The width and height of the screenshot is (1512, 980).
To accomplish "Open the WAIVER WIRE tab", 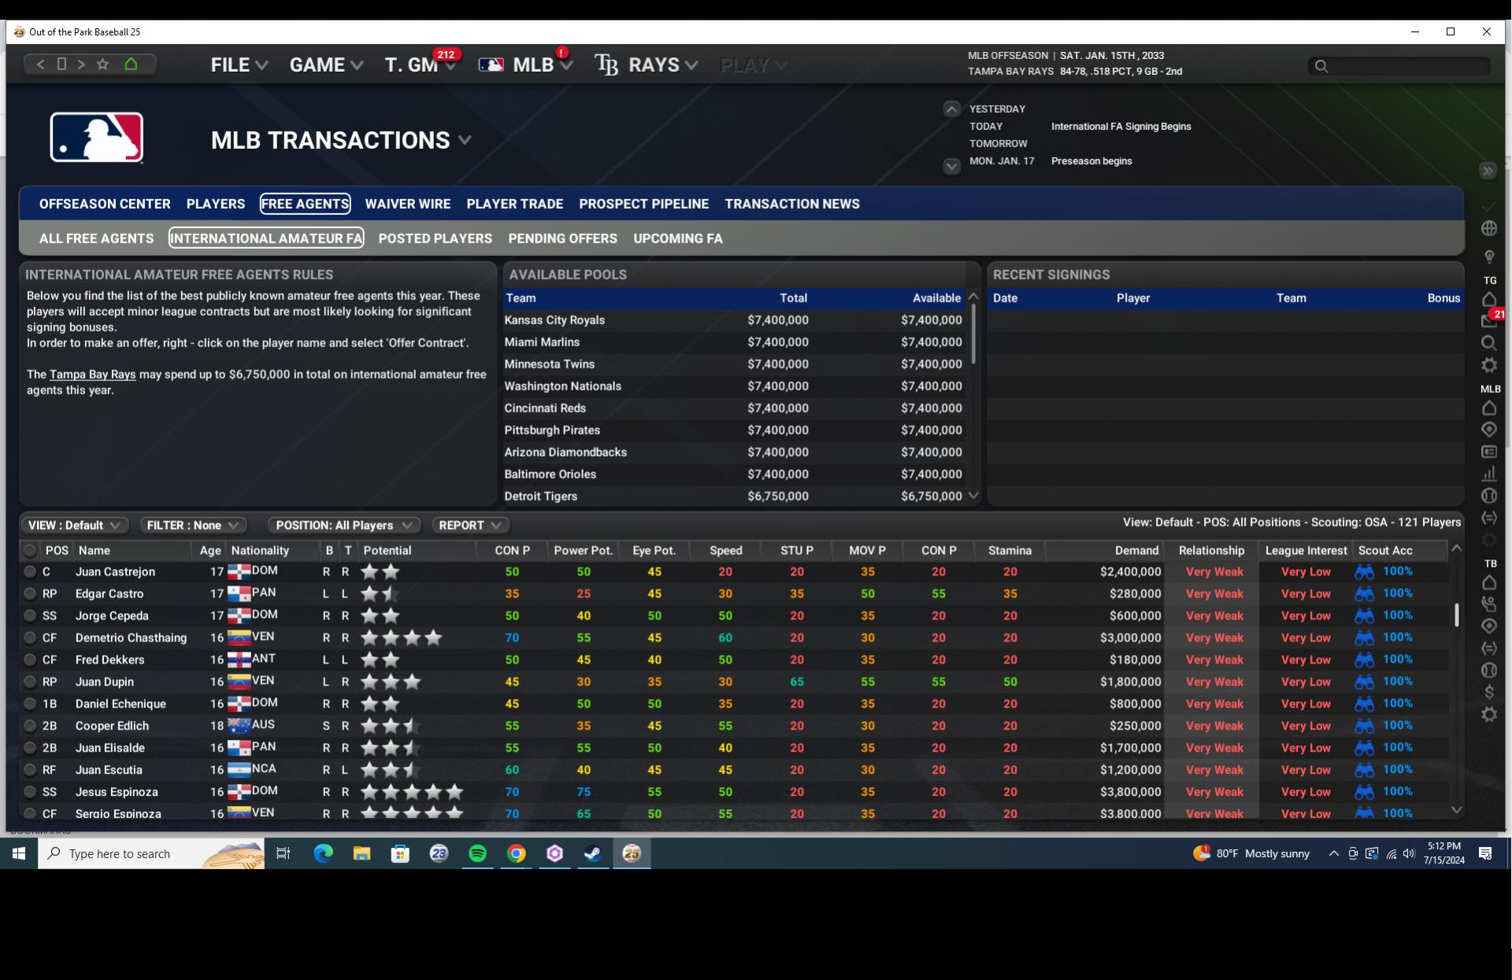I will tap(407, 204).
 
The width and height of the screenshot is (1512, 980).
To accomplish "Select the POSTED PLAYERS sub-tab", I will tap(435, 239).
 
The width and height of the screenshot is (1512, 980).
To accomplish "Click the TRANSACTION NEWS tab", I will tap(791, 204).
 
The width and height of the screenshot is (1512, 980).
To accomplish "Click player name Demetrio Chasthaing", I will tap(131, 638).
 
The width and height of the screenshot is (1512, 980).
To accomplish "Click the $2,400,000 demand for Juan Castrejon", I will tap(1130, 571).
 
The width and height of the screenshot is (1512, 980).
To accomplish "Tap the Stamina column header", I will tap(1009, 550).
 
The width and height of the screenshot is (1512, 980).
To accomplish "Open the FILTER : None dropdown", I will tap(192, 525).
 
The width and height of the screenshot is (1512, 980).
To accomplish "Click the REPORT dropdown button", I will tap(469, 525).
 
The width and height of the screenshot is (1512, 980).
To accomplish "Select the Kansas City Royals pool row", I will tap(554, 320).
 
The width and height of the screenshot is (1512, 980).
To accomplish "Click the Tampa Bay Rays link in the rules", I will tap(92, 375).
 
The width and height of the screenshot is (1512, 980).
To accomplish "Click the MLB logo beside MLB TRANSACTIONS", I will tap(97, 138).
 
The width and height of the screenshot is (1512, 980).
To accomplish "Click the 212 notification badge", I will tap(446, 54).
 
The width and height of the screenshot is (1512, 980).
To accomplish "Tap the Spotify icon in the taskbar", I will tap(477, 853).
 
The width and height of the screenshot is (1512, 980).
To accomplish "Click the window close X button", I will tap(1486, 31).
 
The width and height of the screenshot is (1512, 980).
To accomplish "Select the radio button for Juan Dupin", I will tap(30, 682).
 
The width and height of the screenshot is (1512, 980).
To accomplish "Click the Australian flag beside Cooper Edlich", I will tap(239, 725).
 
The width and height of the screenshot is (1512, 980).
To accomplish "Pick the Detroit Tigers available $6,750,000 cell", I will tap(931, 496).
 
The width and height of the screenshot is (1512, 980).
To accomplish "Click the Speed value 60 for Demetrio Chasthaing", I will tap(724, 638).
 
